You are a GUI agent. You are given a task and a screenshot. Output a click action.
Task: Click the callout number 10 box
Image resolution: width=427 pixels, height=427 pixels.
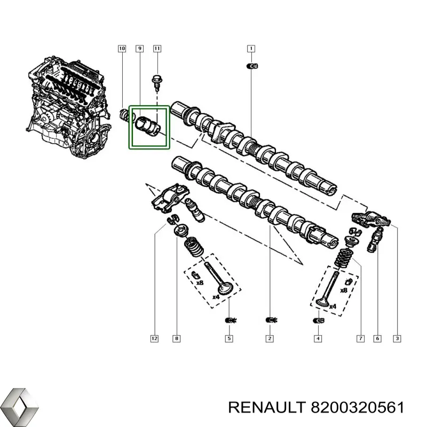point(122,49)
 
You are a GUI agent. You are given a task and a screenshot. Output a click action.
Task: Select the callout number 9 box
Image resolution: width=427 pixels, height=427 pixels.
point(139,49)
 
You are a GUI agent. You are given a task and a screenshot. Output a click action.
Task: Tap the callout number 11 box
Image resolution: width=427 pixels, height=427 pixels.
point(157,49)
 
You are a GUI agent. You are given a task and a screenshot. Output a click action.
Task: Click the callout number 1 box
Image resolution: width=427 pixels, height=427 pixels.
point(250,49)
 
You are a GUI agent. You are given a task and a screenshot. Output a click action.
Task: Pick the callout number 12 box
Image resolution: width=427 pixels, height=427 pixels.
point(155,338)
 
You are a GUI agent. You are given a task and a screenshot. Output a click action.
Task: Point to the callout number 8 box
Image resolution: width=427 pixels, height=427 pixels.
point(177,338)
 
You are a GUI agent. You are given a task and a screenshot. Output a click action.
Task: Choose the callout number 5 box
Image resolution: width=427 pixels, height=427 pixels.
point(228,338)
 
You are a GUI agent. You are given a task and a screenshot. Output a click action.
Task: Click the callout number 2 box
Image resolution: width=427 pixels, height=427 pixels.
point(270,338)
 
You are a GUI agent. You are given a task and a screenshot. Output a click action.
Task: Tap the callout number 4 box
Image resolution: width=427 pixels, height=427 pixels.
point(318,338)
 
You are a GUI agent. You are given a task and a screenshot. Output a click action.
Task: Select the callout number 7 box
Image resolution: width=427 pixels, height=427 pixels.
point(360,338)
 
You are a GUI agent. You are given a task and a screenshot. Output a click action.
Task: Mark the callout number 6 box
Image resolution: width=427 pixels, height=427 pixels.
point(377,338)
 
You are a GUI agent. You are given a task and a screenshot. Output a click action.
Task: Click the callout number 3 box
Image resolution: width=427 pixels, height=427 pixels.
point(396,338)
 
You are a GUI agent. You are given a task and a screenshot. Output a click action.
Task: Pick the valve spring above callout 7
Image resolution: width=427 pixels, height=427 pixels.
point(346,258)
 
